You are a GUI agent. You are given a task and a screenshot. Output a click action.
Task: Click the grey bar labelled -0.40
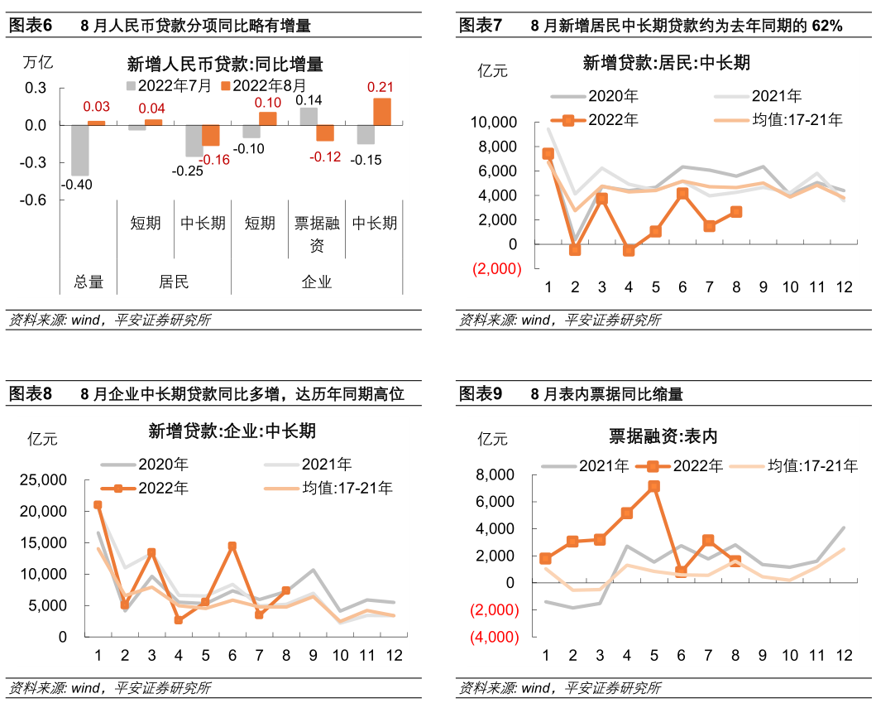pos(80,150)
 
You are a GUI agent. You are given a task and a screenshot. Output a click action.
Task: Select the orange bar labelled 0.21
pos(381,112)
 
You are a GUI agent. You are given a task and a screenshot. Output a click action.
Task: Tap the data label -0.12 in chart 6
pos(325,157)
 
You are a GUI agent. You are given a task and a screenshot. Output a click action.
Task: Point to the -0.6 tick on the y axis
pos(35,200)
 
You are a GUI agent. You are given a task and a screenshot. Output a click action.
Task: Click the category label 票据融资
pos(317,234)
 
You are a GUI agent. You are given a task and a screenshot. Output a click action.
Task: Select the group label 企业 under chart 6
pos(317,282)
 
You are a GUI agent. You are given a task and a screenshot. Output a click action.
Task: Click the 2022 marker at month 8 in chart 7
pos(735,212)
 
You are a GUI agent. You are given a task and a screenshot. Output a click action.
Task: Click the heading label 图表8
pos(30,394)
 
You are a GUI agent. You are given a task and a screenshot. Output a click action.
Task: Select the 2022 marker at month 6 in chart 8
pos(232,547)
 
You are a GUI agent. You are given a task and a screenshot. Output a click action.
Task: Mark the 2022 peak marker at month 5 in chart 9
pos(653,486)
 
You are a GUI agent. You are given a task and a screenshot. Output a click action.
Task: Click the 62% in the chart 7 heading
pos(827,26)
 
